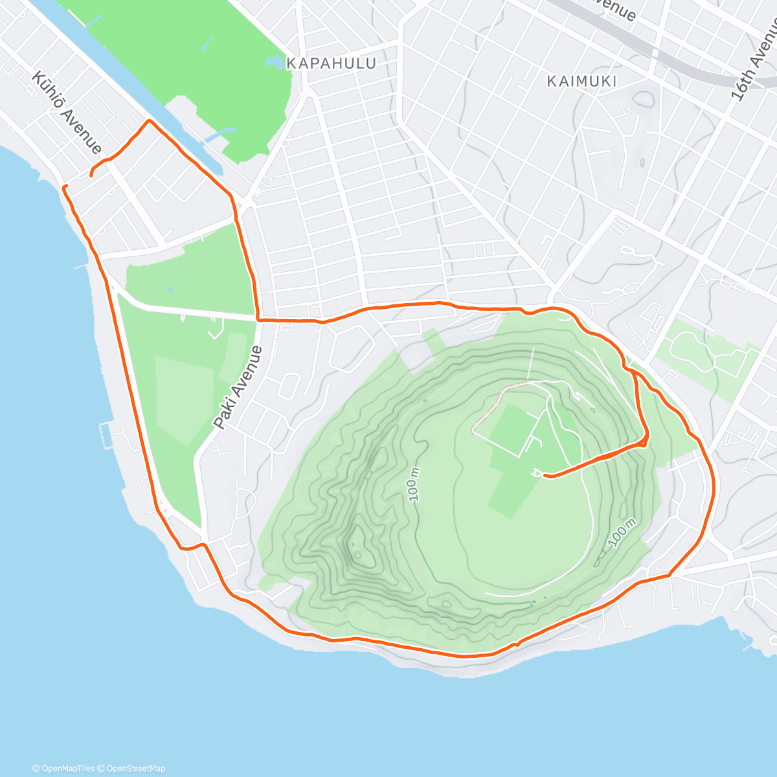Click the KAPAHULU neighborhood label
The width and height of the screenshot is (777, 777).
point(331,63)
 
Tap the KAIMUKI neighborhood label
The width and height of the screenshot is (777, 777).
point(581,81)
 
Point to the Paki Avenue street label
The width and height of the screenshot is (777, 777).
point(238,387)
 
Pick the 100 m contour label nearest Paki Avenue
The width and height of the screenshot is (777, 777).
point(414,484)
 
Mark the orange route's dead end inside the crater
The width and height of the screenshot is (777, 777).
point(545,476)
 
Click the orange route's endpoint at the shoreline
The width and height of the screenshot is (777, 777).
point(64,187)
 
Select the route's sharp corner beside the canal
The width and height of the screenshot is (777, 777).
point(150,121)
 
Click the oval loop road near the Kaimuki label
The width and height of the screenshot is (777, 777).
point(644,100)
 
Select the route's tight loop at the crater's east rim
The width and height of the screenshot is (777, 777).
point(644,441)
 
